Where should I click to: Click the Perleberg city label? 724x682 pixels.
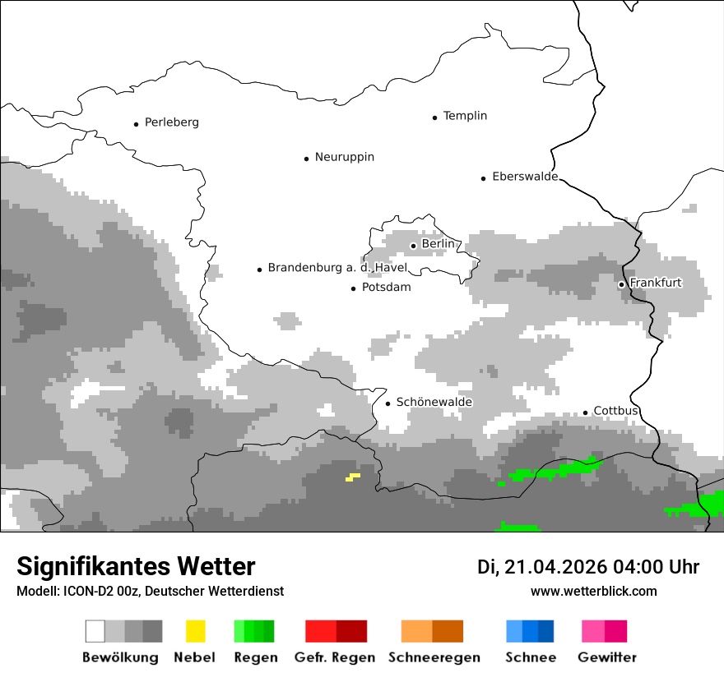tap(171, 122)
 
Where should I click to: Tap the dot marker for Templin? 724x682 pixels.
tap(434, 118)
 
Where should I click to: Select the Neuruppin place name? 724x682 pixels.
tap(344, 157)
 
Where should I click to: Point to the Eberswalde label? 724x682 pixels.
tap(524, 177)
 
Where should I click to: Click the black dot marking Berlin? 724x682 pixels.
tap(413, 245)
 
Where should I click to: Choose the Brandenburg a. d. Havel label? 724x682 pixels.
tap(337, 268)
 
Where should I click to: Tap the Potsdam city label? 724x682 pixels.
tap(386, 288)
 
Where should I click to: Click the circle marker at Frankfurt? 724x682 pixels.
tap(622, 284)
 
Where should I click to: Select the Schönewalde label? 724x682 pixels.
tap(434, 402)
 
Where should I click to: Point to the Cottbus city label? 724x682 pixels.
tap(615, 411)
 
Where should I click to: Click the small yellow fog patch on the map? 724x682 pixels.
tap(353, 477)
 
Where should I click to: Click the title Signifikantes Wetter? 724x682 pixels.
tap(136, 566)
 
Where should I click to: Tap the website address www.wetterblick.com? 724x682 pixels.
tap(593, 591)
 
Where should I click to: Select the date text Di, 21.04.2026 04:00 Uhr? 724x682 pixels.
tap(587, 567)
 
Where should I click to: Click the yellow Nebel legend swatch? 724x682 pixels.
tap(195, 631)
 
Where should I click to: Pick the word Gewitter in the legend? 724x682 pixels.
tap(606, 657)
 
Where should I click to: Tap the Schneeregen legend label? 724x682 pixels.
tap(434, 657)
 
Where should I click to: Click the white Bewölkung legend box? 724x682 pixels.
tap(95, 631)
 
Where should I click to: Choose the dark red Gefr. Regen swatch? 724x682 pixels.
tap(351, 631)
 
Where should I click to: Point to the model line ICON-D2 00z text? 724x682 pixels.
tap(150, 591)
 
